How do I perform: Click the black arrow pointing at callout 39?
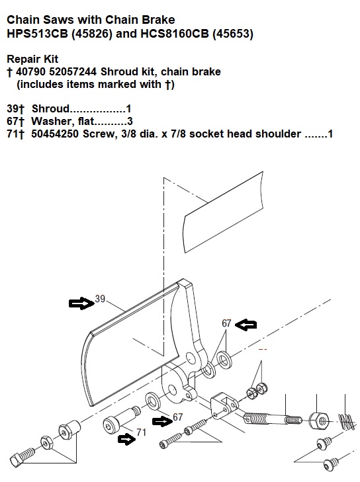[81, 303]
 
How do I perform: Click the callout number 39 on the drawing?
[100, 299]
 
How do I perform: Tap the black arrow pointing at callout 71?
[126, 439]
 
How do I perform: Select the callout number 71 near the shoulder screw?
[141, 432]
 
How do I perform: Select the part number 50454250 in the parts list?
[55, 134]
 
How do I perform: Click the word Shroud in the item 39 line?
[51, 109]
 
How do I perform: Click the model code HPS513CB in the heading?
[37, 34]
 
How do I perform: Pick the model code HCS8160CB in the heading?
[175, 34]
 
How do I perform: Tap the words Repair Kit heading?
[32, 59]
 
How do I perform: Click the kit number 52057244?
[73, 71]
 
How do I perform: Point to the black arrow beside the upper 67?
[246, 324]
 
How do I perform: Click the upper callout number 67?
[226, 323]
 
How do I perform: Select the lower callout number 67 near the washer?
[178, 417]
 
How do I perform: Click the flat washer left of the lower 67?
[153, 401]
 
